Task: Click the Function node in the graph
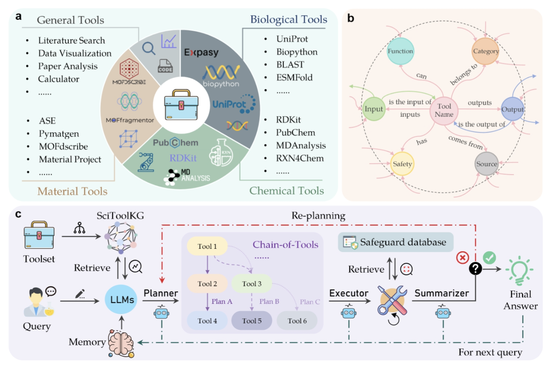point(400,51)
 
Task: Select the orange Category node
point(486,51)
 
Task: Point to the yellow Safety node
point(402,164)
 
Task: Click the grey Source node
point(486,164)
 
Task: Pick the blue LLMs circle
point(122,300)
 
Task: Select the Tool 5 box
point(251,321)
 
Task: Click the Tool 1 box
point(207,246)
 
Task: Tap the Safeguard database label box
point(395,242)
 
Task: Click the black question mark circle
point(475,268)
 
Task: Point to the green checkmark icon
point(490,257)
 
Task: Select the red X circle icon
point(462,257)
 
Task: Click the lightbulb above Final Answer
point(520,270)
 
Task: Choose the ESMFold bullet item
point(294,78)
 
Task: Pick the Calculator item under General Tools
point(58,79)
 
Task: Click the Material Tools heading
point(72,191)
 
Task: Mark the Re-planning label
point(318,215)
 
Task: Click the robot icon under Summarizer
point(443,313)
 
